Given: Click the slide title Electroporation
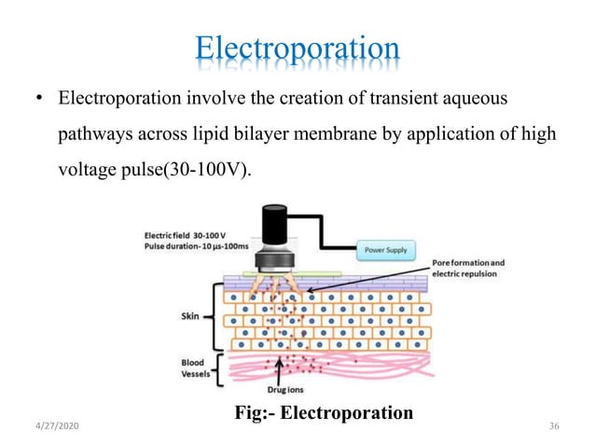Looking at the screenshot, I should click(x=297, y=49).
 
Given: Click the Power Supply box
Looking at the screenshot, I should click(x=386, y=251).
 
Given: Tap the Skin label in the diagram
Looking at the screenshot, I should click(x=190, y=316).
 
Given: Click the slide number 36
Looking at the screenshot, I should click(x=554, y=426).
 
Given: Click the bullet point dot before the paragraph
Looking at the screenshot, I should click(x=40, y=99).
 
